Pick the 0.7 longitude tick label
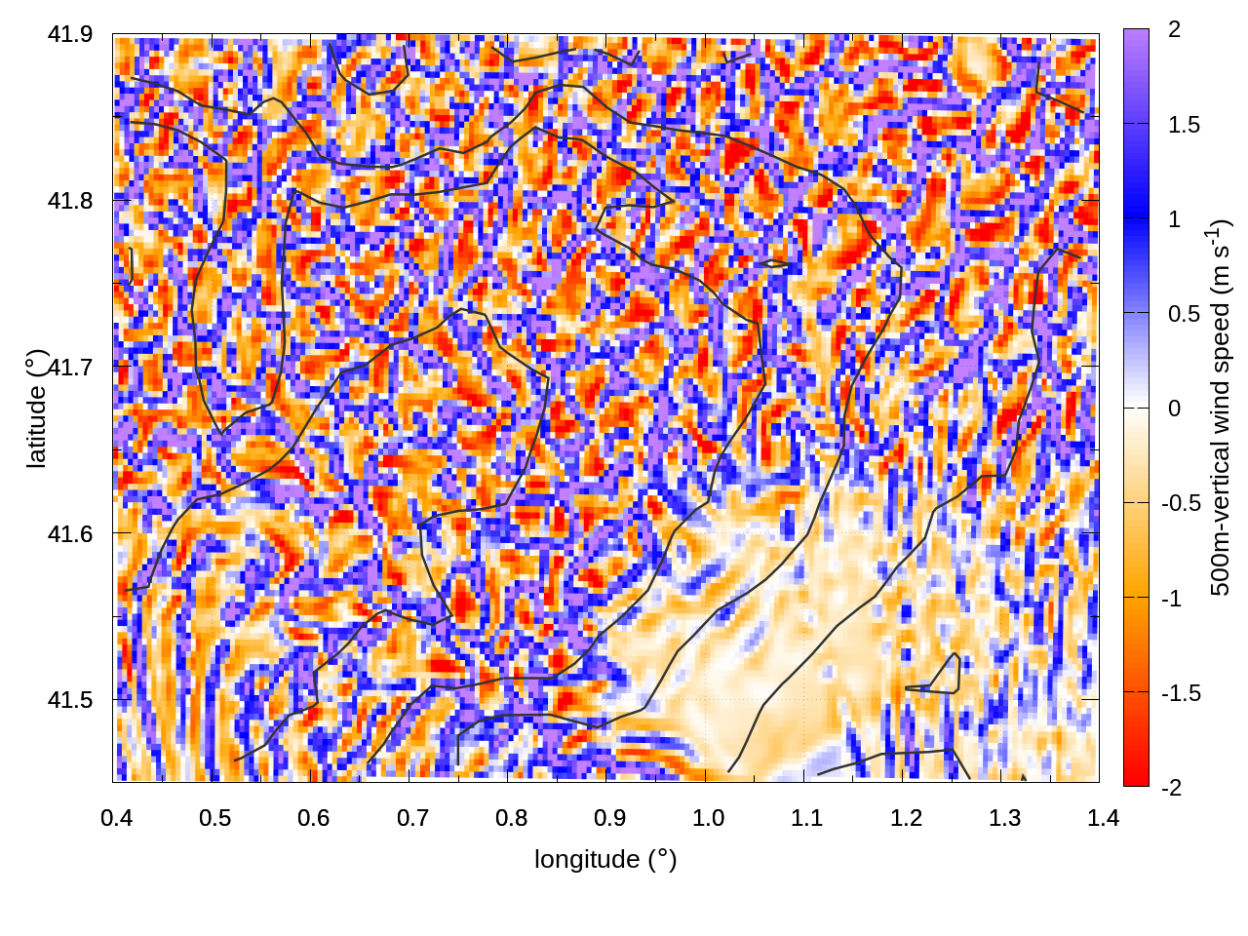pos(412,818)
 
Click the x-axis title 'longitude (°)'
pos(605,859)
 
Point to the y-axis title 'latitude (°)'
pos(36,409)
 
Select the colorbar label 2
pos(1174,29)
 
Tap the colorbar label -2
pos(1171,787)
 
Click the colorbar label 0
pos(1174,408)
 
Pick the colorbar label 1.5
pos(1184,125)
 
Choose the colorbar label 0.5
pos(1184,314)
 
